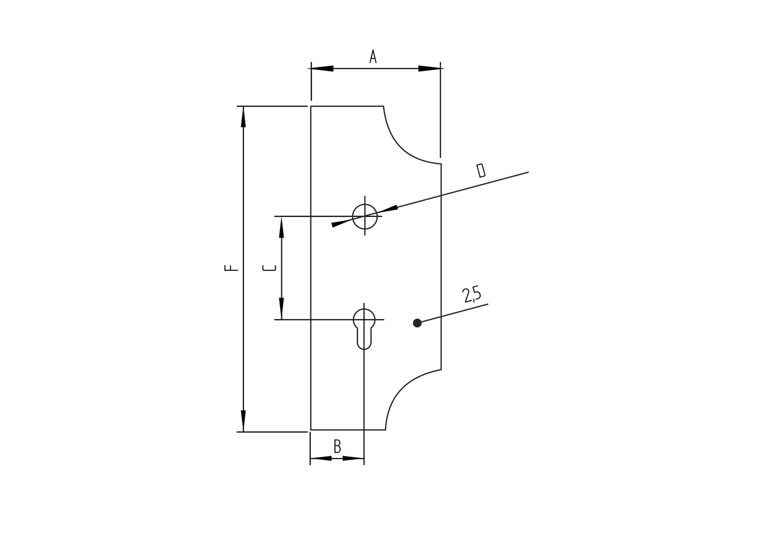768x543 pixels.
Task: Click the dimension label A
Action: click(373, 57)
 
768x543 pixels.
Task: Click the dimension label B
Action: click(337, 446)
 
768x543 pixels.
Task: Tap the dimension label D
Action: click(480, 170)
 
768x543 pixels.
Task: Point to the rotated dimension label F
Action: click(231, 268)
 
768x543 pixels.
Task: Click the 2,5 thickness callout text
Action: click(472, 295)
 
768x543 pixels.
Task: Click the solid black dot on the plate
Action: click(417, 323)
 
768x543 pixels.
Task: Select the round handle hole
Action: click(365, 216)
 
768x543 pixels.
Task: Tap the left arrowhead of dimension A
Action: click(322, 69)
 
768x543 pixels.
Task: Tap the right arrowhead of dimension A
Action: click(429, 69)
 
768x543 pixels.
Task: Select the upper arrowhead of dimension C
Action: click(282, 227)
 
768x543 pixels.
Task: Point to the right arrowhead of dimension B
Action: click(353, 458)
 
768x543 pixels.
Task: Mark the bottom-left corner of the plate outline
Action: click(311, 430)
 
